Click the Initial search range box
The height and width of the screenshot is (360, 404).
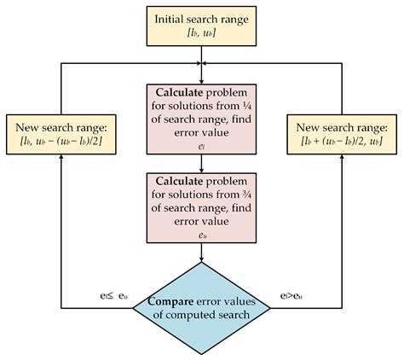[201, 24]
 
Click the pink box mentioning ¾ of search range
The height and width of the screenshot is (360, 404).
[201, 201]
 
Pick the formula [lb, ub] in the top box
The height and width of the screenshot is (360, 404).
[201, 32]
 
